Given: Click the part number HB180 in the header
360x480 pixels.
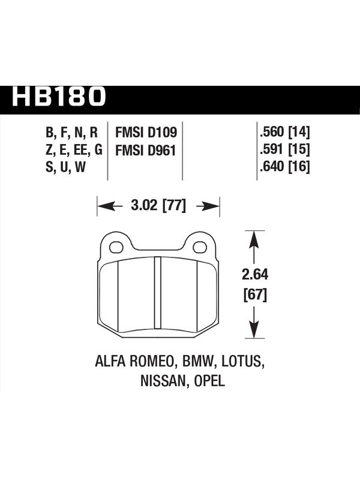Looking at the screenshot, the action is click(58, 96).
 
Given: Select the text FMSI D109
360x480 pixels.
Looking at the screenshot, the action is click(146, 133).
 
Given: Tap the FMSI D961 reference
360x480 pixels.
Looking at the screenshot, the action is click(145, 151).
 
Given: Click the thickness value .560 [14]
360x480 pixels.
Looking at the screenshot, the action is click(284, 132).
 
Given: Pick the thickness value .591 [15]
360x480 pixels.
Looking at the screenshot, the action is click(284, 149).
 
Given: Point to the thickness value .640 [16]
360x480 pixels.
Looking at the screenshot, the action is click(284, 167).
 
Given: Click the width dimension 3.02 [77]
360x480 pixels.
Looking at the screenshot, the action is click(158, 205).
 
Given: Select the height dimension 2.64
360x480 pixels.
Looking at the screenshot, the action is click(254, 275).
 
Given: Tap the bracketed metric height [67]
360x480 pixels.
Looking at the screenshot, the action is click(255, 295).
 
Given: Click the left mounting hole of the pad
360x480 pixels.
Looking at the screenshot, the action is click(116, 247).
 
